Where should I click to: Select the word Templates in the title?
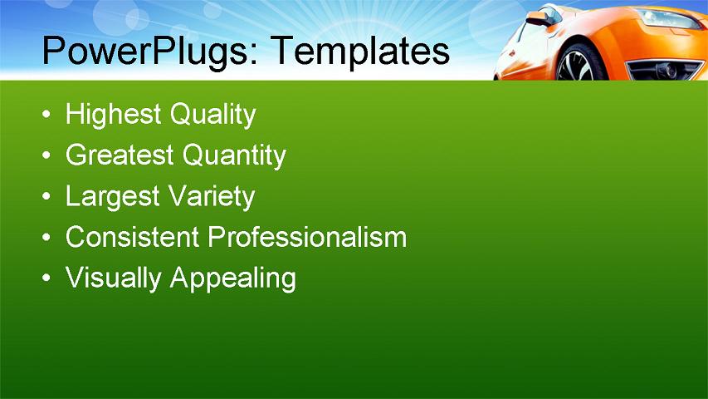pos(360,52)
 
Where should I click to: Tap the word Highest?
pos(114,115)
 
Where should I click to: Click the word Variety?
pos(212,197)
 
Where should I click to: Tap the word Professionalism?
pos(307,237)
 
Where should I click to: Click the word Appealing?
pos(232,278)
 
